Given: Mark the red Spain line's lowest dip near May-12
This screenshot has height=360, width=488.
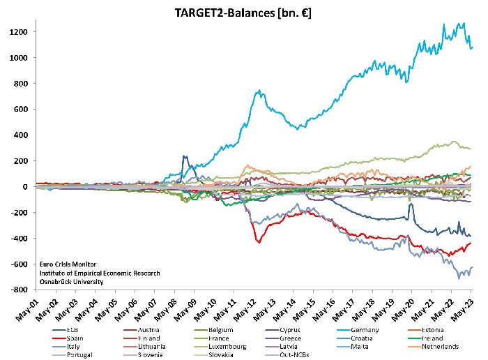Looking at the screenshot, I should tap(259, 242).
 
